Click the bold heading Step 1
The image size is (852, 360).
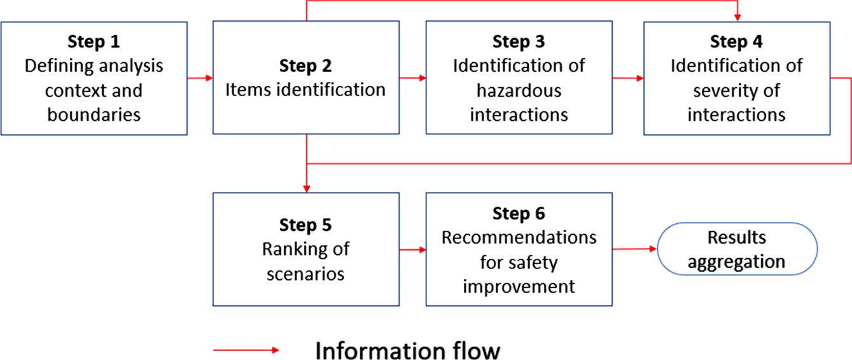(x=94, y=42)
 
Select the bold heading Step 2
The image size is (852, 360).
(x=305, y=66)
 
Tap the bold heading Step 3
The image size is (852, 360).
(x=519, y=42)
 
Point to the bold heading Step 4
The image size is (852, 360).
(x=736, y=42)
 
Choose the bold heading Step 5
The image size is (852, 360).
(x=305, y=225)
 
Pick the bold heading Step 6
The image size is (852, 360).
(x=519, y=214)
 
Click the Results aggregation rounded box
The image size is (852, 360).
(x=736, y=249)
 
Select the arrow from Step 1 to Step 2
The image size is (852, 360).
(x=200, y=78)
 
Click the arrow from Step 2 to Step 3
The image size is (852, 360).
(x=412, y=78)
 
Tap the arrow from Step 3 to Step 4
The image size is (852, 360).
(x=627, y=78)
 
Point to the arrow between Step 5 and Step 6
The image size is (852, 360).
(x=412, y=249)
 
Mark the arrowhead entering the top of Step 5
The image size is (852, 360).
(x=307, y=188)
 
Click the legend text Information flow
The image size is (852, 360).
(x=408, y=350)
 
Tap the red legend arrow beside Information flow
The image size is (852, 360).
(x=246, y=350)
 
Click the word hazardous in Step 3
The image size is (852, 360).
(x=519, y=90)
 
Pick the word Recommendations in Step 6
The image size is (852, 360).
(x=519, y=237)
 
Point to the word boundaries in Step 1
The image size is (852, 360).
(x=94, y=114)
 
